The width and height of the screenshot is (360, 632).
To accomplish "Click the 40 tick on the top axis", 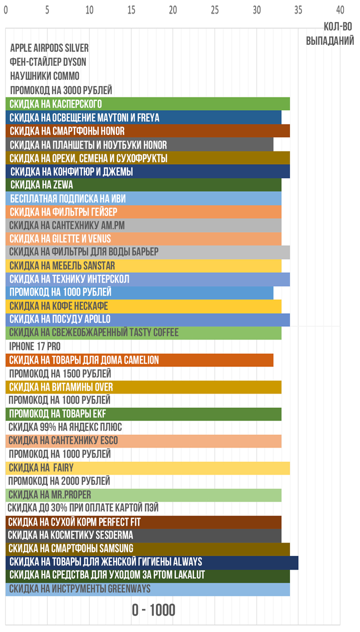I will click(x=339, y=9).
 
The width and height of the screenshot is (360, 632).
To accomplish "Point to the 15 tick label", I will click(x=132, y=9).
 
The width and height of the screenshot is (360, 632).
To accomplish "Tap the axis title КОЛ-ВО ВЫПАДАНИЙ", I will click(x=330, y=33).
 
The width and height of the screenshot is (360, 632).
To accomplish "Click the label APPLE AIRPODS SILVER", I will click(x=49, y=48).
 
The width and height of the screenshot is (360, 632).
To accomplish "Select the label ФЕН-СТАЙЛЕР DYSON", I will click(x=48, y=62).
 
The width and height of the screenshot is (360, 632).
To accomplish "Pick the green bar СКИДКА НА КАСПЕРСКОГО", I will click(x=148, y=104).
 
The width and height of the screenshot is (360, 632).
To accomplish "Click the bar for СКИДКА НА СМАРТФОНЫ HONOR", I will click(x=148, y=131).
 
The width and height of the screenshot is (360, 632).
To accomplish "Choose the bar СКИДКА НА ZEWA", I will click(x=143, y=185).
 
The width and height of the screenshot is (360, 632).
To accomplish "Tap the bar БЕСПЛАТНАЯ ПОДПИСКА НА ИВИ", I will click(x=143, y=198).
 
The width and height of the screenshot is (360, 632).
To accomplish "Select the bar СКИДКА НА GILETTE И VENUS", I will click(x=143, y=239).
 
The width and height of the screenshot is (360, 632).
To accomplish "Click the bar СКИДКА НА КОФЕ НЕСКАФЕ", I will click(x=143, y=306).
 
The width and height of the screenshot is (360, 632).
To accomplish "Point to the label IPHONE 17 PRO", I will click(x=35, y=346).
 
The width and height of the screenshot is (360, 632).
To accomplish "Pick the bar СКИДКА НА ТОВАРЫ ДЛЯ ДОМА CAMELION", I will click(x=139, y=360).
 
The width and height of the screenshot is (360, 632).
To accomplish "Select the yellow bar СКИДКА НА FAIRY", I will click(x=148, y=468).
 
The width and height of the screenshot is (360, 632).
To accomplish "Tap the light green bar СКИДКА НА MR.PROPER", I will click(x=143, y=495).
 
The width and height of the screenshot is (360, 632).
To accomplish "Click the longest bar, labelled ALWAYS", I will click(x=152, y=561).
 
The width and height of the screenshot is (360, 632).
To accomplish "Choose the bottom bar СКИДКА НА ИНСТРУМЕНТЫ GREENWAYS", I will click(x=148, y=589).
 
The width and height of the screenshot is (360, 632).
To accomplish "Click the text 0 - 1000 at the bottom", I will click(x=153, y=610).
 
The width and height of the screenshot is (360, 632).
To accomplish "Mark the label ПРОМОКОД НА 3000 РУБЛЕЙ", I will click(x=61, y=90).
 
